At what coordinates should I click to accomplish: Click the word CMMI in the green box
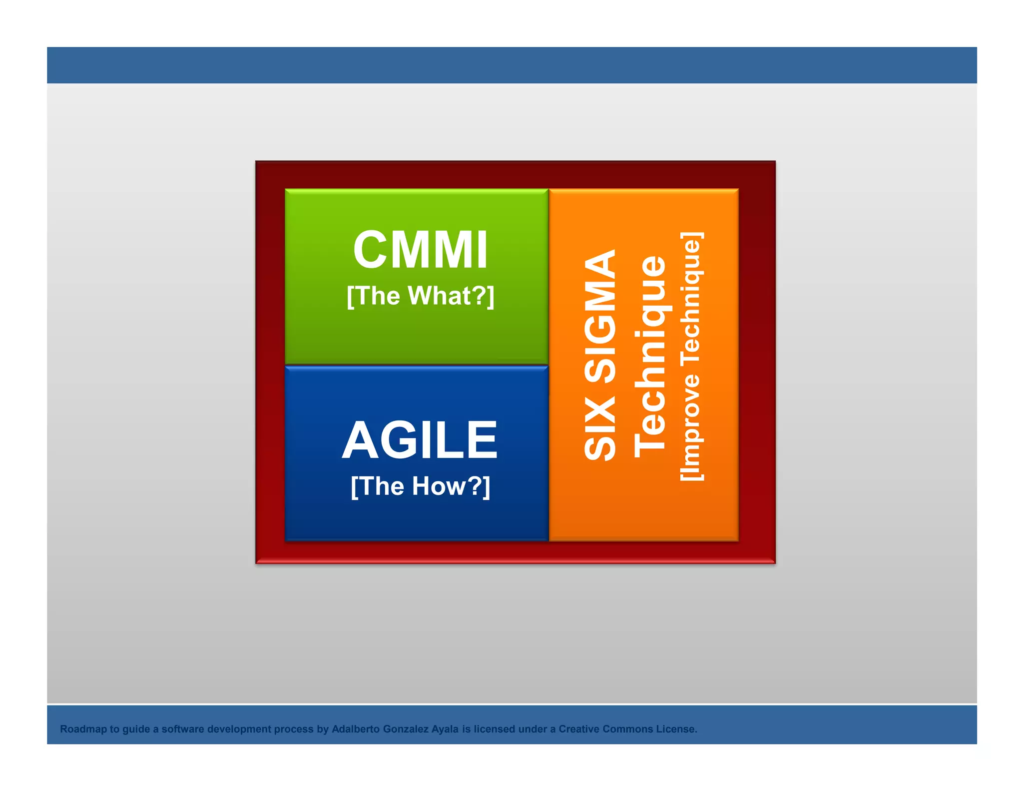[x=420, y=250]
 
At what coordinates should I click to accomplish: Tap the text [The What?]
[x=420, y=296]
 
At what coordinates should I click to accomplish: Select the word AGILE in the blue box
[x=420, y=440]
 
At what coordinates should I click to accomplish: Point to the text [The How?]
[x=420, y=486]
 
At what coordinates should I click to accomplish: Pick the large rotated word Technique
[x=650, y=357]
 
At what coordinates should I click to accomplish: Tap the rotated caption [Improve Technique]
[x=692, y=357]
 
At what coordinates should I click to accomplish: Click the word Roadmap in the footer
[x=83, y=729]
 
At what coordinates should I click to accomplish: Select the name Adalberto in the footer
[x=356, y=729]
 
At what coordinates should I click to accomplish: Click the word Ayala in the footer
[x=445, y=729]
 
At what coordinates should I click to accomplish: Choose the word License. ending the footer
[x=676, y=729]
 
